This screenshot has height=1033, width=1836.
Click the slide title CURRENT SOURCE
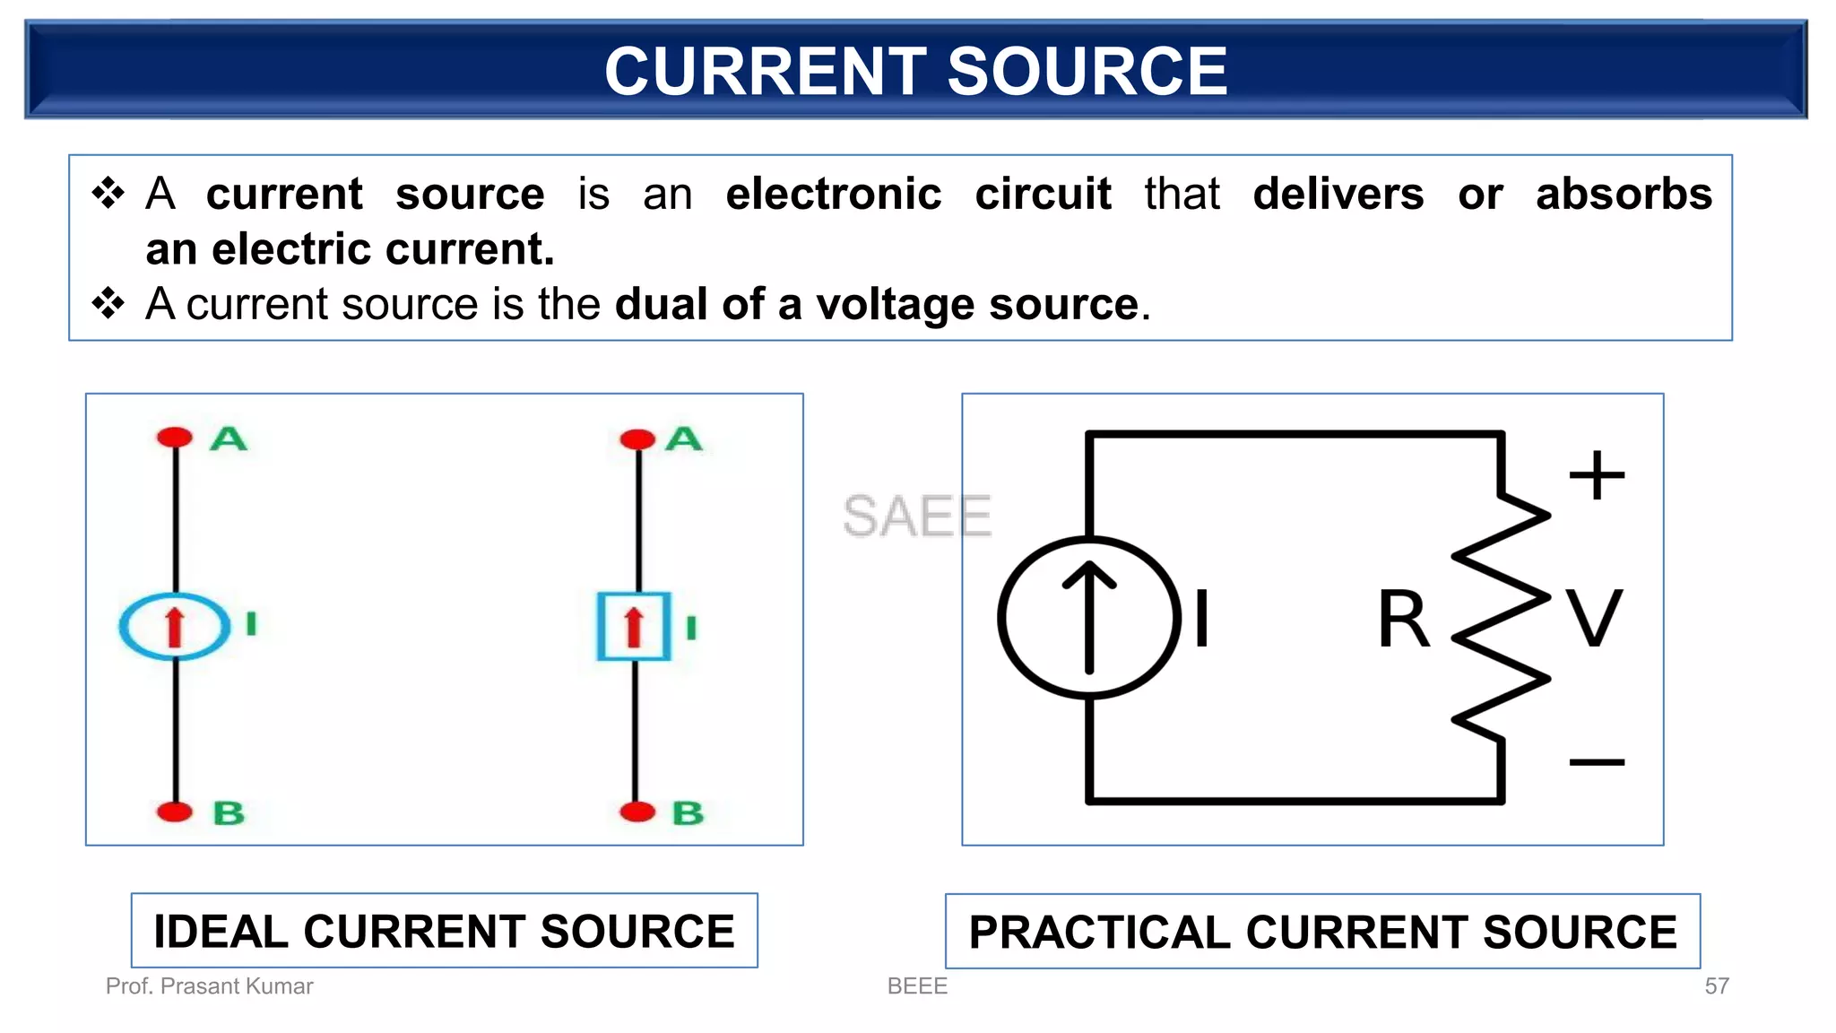click(916, 72)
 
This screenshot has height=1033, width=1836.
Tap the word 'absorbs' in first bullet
click(1624, 195)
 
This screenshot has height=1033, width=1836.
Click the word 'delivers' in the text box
click(1338, 195)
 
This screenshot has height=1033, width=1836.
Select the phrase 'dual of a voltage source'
click(877, 304)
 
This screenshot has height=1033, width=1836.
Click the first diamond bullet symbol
click(108, 193)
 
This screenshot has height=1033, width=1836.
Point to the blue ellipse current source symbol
click(175, 626)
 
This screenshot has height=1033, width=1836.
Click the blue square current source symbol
click(634, 626)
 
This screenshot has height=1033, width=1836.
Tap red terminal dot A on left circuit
click(175, 438)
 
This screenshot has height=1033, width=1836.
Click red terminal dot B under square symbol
click(637, 812)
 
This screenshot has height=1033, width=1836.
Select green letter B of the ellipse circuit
click(229, 813)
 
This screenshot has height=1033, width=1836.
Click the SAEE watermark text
click(916, 516)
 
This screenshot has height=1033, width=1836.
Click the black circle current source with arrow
click(1089, 617)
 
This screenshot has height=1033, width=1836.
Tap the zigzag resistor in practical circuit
click(1501, 617)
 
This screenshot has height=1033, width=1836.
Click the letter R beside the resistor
click(1403, 619)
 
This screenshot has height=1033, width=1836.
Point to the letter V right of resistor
click(1594, 619)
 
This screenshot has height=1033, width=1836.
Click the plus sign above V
click(1597, 475)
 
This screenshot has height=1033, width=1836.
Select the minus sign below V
click(1597, 762)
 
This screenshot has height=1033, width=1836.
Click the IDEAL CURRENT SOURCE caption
click(444, 931)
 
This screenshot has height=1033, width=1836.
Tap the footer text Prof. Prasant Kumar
click(209, 986)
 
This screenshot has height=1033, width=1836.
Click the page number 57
click(1716, 986)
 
